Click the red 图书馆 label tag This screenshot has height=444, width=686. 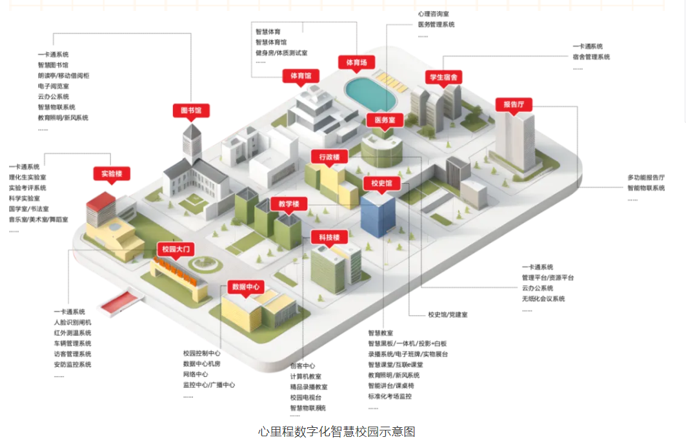coord(191,110)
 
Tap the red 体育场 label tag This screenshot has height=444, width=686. coord(356,63)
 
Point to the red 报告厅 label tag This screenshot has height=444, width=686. coord(513,104)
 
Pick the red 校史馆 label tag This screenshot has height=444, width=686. coord(381,184)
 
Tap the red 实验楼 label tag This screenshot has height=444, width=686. coord(112,173)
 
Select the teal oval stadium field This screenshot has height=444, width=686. coord(370,90)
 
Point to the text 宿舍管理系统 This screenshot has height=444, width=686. coord(590,57)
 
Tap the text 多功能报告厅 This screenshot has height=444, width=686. coord(646,177)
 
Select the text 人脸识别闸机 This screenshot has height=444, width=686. coord(72,322)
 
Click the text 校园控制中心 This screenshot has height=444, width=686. coord(202,353)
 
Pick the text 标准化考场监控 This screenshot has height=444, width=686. coord(390,396)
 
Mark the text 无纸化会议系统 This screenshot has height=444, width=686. coord(543,298)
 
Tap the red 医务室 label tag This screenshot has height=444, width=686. coord(385,120)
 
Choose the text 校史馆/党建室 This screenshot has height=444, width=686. coord(448,314)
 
